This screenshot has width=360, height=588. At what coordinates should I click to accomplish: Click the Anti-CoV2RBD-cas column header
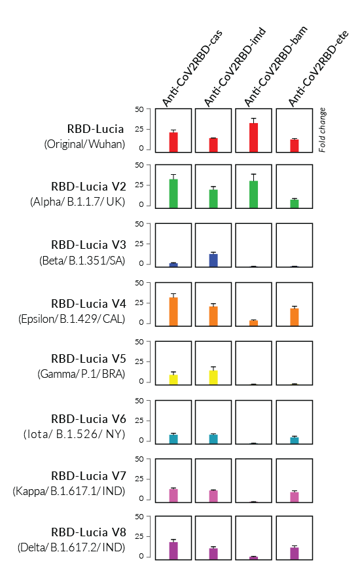pos(192,68)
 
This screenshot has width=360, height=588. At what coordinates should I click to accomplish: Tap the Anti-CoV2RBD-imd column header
pos(235,67)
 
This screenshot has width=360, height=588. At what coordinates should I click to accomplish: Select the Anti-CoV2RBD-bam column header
pos(276,66)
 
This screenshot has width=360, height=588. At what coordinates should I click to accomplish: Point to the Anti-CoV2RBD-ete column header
pos(318,68)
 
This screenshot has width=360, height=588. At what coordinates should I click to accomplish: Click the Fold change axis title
pos(322,130)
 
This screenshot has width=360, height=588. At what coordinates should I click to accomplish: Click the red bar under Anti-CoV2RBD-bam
pos(253,138)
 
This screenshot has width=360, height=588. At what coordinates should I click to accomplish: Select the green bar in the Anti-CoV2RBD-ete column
pos(295,204)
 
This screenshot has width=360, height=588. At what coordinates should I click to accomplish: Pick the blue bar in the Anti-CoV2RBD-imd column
pos(213,260)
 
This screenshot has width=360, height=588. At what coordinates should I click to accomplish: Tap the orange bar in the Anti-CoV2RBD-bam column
pos(253,323)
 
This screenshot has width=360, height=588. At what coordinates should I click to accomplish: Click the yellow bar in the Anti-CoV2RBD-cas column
pos(173,380)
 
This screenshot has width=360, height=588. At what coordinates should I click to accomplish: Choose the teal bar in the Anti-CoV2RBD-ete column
pos(295,440)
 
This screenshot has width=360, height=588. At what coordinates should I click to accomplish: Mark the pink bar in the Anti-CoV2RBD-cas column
pos(173,496)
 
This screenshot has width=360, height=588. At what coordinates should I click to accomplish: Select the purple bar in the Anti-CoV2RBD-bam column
pos(253,558)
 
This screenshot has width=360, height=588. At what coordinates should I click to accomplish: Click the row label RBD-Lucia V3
pos(88,245)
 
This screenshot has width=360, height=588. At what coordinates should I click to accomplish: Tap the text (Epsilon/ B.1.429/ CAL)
pos(71,319)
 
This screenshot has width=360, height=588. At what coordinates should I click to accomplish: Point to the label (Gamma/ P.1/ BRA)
pos(81,375)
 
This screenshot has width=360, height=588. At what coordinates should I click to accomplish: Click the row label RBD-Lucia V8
pos(88,532)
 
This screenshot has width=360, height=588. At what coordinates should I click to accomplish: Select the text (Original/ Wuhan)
pos(84,144)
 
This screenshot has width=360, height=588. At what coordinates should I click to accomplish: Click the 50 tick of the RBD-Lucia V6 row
pos(139,401)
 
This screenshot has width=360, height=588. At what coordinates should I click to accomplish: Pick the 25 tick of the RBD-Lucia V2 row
pos(139,185)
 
